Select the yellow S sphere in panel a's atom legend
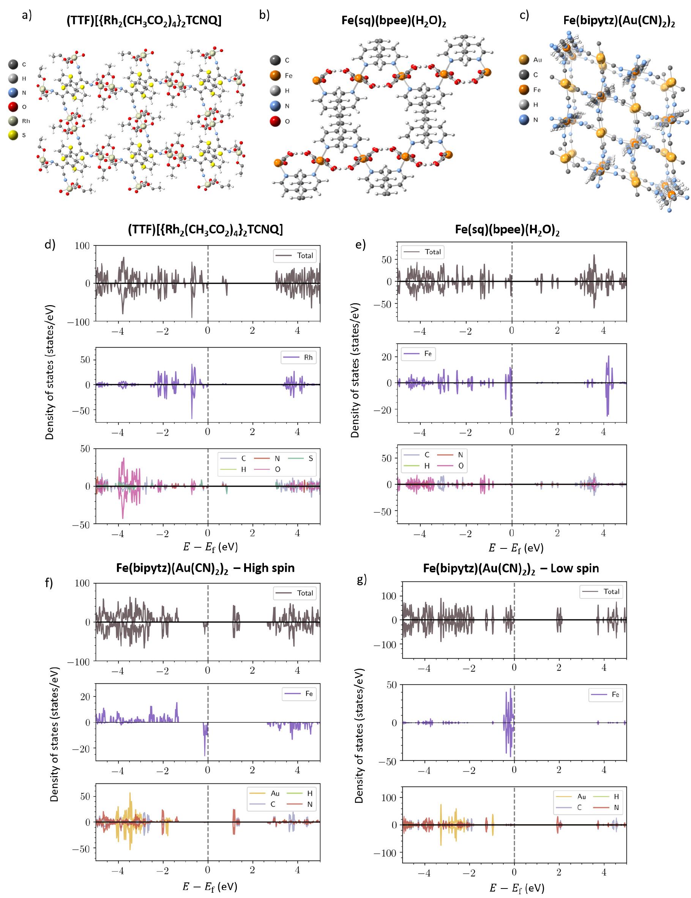click(x=14, y=135)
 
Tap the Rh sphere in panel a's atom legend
click(x=14, y=121)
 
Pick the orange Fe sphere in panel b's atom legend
click(x=275, y=76)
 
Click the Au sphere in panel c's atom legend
click(x=524, y=60)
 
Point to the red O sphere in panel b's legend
click(x=275, y=121)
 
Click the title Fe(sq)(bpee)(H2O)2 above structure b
click(x=394, y=21)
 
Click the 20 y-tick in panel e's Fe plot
click(x=386, y=357)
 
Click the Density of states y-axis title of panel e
click(x=355, y=370)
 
